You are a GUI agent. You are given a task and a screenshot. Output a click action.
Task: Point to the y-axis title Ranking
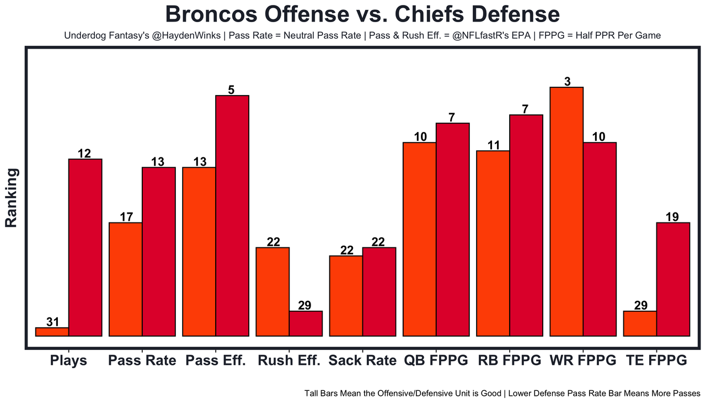(12, 198)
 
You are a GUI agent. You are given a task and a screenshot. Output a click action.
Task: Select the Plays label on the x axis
(68, 361)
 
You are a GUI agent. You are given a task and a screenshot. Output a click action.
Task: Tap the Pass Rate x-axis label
(142, 361)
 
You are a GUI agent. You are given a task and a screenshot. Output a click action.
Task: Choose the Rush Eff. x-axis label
(289, 361)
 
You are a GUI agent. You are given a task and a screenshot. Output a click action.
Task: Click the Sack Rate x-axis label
(362, 361)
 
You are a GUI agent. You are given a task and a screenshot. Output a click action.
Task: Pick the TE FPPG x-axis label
(656, 361)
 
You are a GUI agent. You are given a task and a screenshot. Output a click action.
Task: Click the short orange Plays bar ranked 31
(52, 332)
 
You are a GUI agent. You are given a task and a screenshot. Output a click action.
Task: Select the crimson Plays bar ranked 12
(85, 247)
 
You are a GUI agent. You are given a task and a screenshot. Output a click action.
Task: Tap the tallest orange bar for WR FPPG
(566, 211)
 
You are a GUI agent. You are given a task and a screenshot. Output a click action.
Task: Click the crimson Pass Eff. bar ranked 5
(232, 215)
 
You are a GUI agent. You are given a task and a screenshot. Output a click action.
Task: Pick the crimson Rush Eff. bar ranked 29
(306, 324)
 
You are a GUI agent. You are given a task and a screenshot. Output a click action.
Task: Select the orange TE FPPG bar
(640, 324)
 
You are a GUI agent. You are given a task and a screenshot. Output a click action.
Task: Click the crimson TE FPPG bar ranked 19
(673, 279)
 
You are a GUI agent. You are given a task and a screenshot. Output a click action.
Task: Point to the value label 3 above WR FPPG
(567, 82)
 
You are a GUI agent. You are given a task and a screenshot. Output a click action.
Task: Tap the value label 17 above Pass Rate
(126, 217)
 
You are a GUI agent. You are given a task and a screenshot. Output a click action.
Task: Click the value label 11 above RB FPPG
(493, 145)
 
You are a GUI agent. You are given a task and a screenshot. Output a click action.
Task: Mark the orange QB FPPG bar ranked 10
(420, 239)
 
